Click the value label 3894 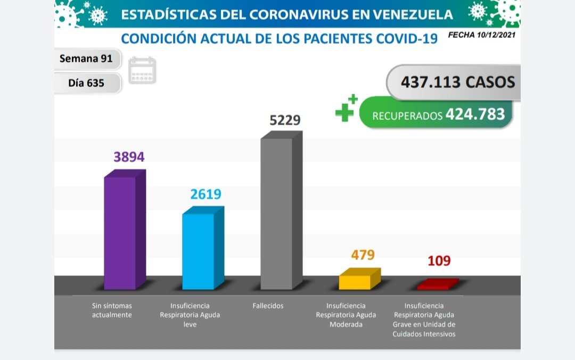coord(129,157)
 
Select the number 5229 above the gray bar coord(285,120)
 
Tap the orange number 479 coord(363,255)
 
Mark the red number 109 coord(439,261)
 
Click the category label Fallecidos coord(268,306)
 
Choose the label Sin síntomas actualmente coord(111,310)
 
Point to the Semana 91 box coord(87,59)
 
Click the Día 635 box coord(87,83)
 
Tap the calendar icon coord(142,71)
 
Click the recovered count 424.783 coord(475,114)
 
